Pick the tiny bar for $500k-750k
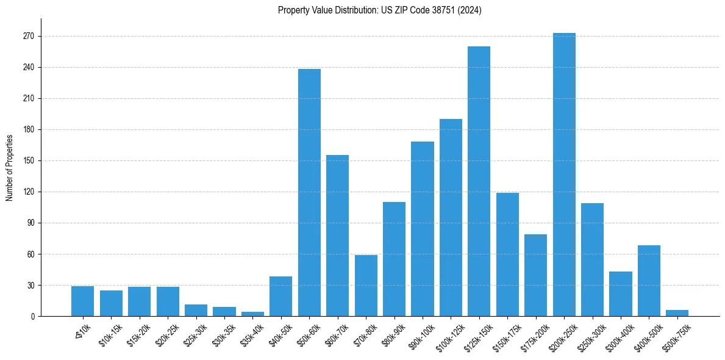677,313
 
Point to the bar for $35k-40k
252,314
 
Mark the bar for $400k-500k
649,281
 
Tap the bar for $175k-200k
535,275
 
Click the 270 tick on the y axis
28,37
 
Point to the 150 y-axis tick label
28,161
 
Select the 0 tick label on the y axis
32,317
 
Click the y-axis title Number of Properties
9,167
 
